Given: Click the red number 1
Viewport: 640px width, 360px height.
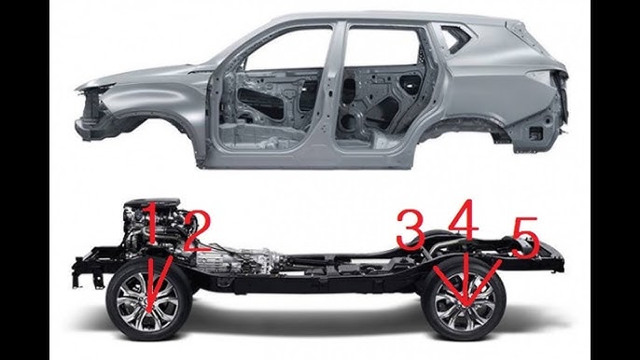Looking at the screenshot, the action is click(149, 224).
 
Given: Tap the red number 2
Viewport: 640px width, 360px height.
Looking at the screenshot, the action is click(196, 231).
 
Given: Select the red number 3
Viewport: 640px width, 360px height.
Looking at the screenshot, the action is click(410, 229).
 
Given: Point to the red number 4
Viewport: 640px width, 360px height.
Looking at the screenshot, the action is click(465, 219).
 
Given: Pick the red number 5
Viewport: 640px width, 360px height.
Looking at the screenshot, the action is click(526, 238).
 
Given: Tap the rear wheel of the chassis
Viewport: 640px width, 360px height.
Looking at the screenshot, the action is click(464, 299).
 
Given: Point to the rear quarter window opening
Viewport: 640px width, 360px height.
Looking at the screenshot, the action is click(455, 38).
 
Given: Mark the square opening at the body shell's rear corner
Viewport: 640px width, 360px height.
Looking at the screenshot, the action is click(535, 132).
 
